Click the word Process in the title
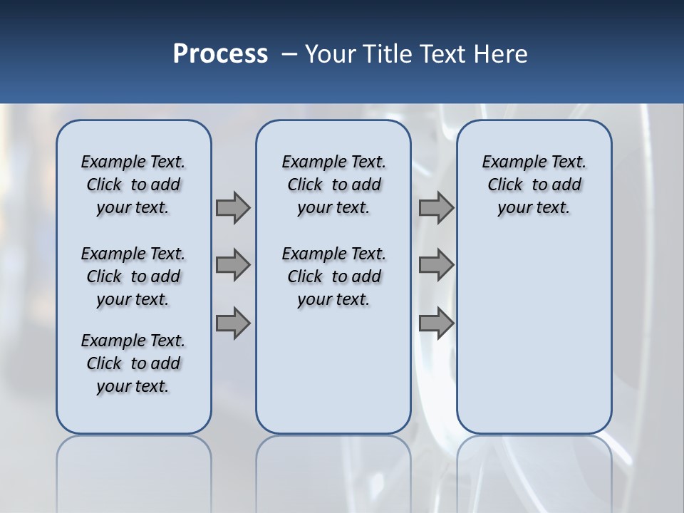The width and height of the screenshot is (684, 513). coord(220,54)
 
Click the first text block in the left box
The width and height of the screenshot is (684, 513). coord(133,185)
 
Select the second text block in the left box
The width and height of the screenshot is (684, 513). coord(133,276)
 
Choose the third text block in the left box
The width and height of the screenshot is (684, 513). coord(133,363)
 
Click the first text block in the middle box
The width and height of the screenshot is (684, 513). coord(333,185)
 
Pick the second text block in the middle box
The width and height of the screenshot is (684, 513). coord(333,276)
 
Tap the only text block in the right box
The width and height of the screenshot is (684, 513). coord(534,185)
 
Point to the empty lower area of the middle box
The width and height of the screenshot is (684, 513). coord(333,370)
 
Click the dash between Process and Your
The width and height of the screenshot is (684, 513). coord(289,54)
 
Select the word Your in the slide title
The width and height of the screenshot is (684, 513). coord(331,54)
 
